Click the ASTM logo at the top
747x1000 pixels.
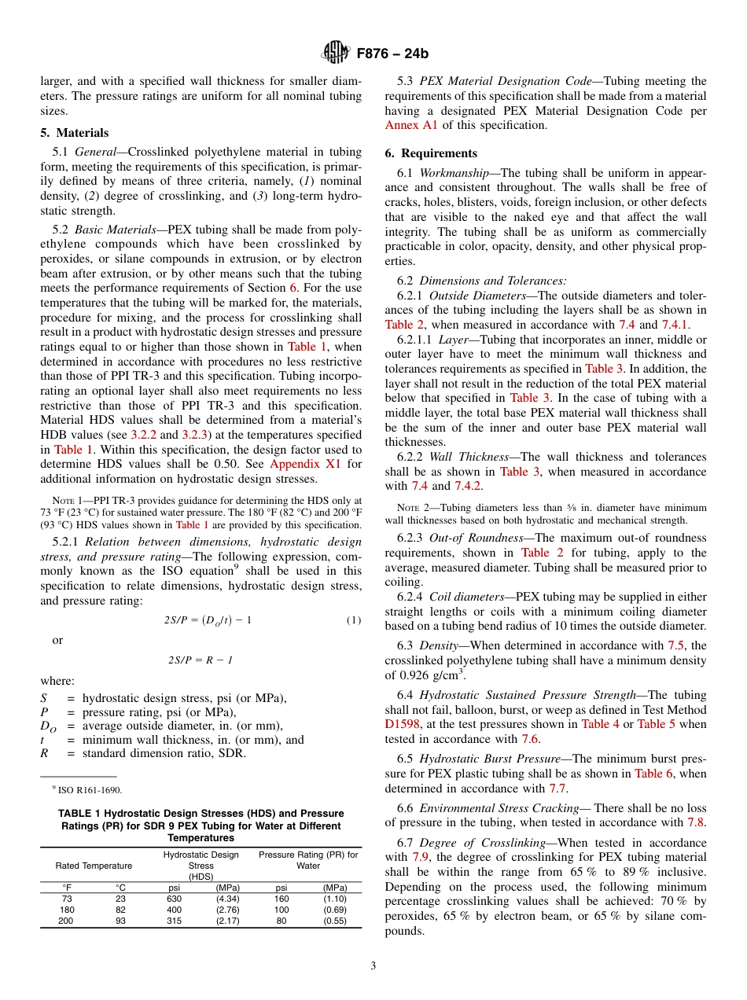(x=336, y=53)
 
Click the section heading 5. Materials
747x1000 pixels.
(x=75, y=133)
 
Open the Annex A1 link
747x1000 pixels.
(x=412, y=125)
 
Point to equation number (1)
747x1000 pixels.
(x=354, y=620)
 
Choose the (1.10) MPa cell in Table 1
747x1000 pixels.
(x=334, y=899)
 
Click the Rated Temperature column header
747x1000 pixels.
(x=94, y=866)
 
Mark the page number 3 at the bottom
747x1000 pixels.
(x=373, y=966)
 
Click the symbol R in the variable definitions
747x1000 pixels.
(x=44, y=754)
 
